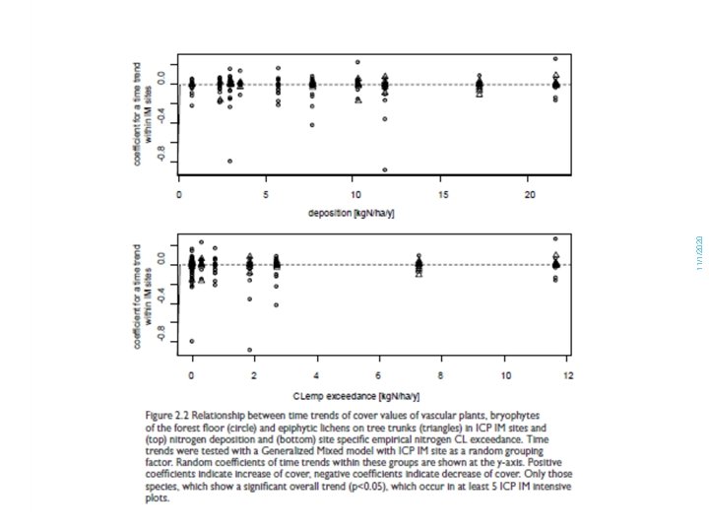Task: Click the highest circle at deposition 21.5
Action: click(555, 59)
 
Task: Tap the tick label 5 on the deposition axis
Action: click(266, 192)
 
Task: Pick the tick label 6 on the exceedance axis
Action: click(379, 375)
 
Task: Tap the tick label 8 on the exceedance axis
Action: click(441, 375)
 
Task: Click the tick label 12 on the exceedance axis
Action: click(567, 375)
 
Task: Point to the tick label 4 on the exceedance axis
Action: click(317, 375)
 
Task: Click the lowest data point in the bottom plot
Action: click(250, 350)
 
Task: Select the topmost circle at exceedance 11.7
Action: click(555, 238)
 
